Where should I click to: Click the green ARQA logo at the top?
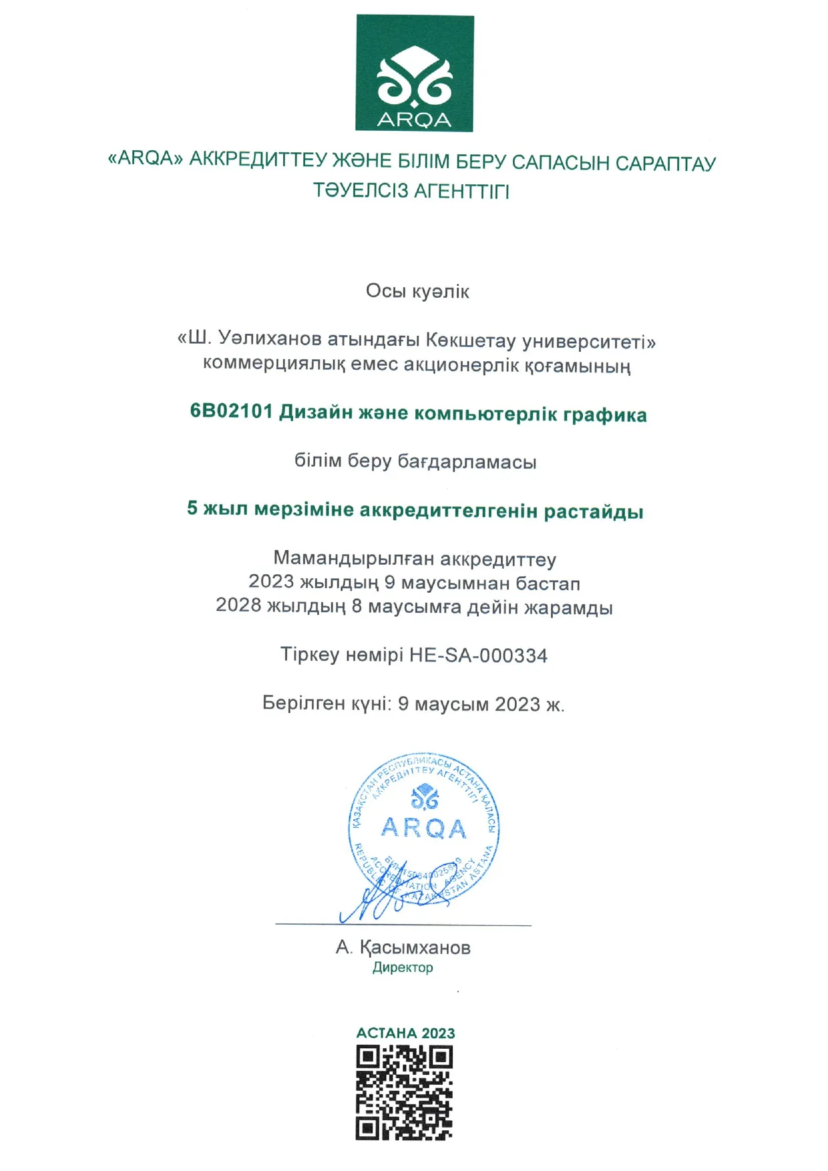(x=414, y=73)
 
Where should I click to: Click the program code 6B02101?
(x=231, y=411)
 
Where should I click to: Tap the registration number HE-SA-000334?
(x=478, y=656)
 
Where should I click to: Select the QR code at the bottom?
(x=404, y=1092)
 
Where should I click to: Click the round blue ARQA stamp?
(x=425, y=828)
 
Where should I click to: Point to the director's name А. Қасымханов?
(x=403, y=947)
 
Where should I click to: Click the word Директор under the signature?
(x=403, y=967)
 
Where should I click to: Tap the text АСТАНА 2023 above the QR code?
(x=405, y=1033)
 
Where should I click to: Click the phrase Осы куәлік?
(x=417, y=292)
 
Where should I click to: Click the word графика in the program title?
(x=605, y=415)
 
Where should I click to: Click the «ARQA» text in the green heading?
(x=146, y=158)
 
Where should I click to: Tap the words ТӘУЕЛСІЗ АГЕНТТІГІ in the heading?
(x=411, y=191)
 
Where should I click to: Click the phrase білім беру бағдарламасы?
(x=415, y=461)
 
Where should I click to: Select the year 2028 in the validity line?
(x=238, y=605)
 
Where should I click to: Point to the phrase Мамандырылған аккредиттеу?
(x=415, y=558)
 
